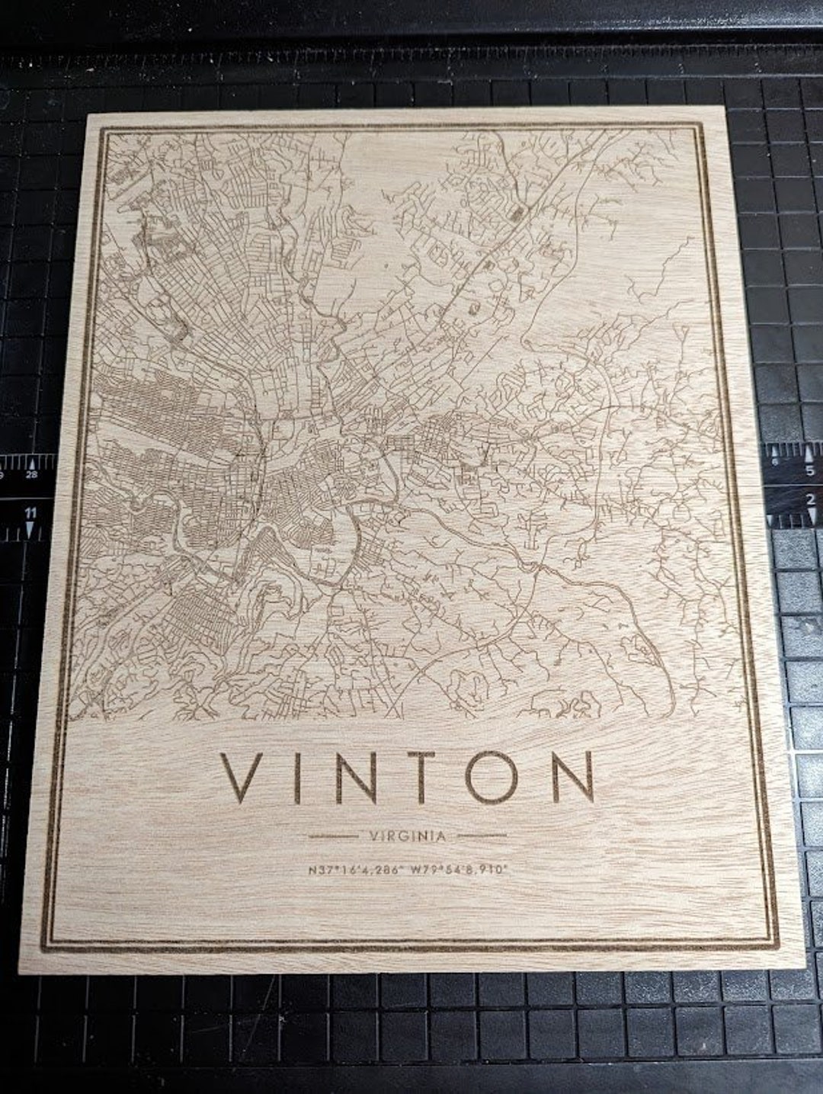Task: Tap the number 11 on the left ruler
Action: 30,515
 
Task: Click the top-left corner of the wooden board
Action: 89,114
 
